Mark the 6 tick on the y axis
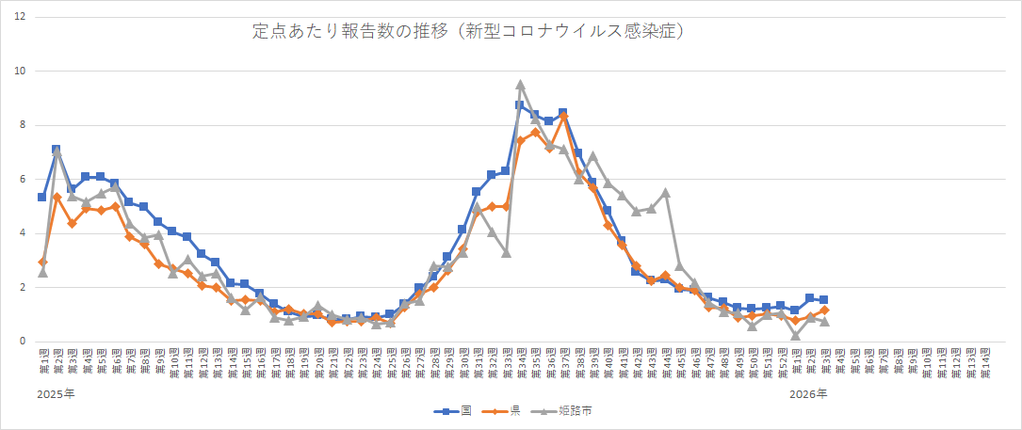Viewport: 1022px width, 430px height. (x=24, y=180)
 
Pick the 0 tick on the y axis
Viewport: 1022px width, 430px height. (x=24, y=342)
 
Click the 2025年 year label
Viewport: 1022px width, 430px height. (x=56, y=393)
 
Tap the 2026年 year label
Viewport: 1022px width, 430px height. (x=809, y=393)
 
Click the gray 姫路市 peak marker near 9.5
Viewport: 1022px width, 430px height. (x=520, y=85)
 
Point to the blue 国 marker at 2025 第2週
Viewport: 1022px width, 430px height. (x=57, y=150)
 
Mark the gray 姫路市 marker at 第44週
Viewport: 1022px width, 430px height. (x=665, y=193)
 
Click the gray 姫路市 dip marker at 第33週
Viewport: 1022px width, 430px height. (x=506, y=252)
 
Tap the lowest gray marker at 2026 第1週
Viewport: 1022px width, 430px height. (x=795, y=335)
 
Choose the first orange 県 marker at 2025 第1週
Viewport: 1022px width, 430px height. (x=42, y=263)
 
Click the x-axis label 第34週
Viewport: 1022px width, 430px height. (x=520, y=361)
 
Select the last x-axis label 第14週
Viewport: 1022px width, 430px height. (x=984, y=361)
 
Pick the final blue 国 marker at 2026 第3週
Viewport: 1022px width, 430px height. (x=823, y=300)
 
